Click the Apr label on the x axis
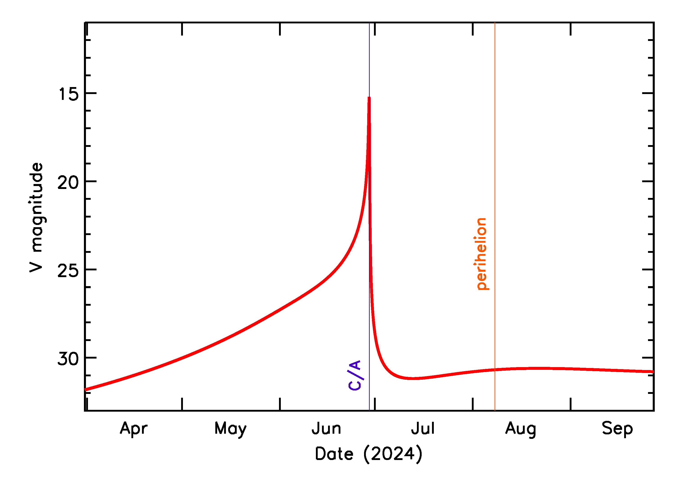[133, 429]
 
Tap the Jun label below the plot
[326, 429]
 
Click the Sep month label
[617, 429]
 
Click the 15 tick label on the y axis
[69, 94]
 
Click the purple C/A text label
[355, 375]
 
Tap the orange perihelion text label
[481, 254]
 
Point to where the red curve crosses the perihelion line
[495, 370]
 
